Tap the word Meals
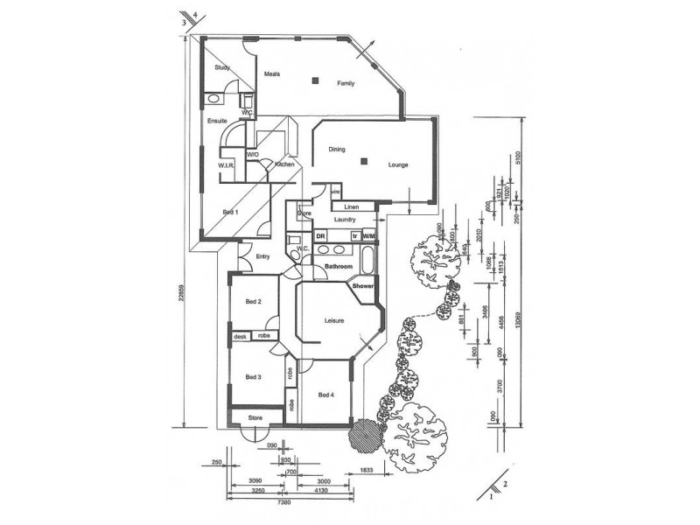click(x=272, y=73)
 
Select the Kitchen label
click(x=284, y=164)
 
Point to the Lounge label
click(x=399, y=164)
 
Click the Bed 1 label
click(x=230, y=212)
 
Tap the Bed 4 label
click(x=326, y=395)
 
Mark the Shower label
click(x=363, y=286)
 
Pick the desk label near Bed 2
click(x=239, y=336)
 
